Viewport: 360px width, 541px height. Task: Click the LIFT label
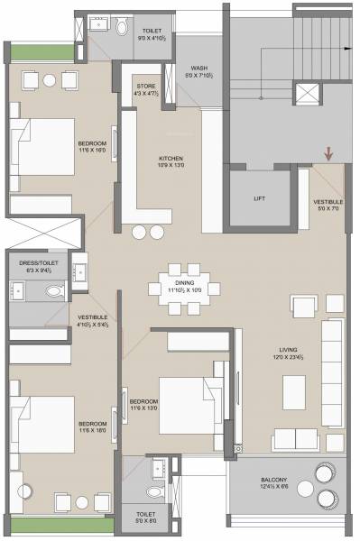[259, 197]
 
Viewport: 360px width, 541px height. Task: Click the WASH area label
[199, 68]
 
